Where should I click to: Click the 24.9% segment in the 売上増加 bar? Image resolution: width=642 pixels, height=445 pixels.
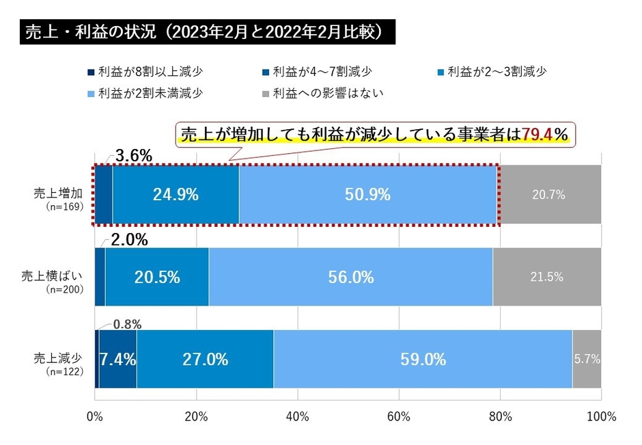176,195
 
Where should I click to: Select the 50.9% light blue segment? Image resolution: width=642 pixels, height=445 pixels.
368,195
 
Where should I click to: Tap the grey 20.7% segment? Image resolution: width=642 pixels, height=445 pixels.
550,195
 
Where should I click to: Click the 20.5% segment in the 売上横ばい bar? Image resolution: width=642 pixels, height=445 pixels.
157,278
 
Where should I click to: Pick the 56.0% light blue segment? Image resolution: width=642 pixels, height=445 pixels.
351,278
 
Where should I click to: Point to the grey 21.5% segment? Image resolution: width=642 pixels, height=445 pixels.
546,278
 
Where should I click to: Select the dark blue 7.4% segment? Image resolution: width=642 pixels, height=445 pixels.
118,360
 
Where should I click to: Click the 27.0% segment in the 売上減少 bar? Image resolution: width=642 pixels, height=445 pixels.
205,360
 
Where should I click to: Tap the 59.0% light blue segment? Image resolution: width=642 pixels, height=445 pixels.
423,360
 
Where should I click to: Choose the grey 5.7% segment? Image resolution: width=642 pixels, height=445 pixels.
587,360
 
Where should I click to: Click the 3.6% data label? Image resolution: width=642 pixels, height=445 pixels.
133,157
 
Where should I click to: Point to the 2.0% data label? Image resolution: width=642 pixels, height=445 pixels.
130,240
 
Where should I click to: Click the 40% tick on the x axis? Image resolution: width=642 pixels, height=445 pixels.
298,416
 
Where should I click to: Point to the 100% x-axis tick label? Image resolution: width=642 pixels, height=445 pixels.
601,416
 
